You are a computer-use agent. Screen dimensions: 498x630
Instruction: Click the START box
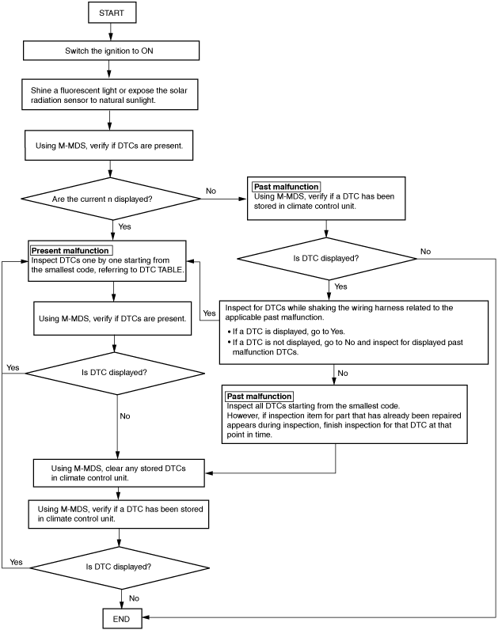click(x=112, y=13)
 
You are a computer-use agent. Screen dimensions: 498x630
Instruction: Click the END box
click(x=122, y=619)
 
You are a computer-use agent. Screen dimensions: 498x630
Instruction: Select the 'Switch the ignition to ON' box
click(x=111, y=51)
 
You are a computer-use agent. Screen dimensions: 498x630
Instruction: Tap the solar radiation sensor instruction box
click(x=110, y=95)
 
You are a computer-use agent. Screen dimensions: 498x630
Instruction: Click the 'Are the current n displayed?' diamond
click(x=111, y=199)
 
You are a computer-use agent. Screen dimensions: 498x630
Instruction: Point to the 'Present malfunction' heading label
click(x=70, y=251)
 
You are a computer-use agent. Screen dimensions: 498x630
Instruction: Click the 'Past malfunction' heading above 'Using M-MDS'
click(x=286, y=187)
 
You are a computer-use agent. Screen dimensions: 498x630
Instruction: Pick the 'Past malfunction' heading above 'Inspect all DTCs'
click(x=259, y=397)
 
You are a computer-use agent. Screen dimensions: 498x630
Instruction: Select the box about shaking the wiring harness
click(x=354, y=332)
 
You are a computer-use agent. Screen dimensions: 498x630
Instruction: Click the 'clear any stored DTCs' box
click(x=119, y=473)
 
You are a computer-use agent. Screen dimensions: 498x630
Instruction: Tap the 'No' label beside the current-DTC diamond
click(x=211, y=191)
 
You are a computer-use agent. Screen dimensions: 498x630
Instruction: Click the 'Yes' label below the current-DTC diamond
click(x=124, y=226)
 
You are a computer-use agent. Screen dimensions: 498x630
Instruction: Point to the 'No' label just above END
click(x=135, y=598)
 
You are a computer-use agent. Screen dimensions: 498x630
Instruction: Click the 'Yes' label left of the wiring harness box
click(x=209, y=313)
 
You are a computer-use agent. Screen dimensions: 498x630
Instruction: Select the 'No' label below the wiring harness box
click(x=343, y=373)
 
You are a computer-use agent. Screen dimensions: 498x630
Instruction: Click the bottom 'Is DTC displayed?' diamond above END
click(x=120, y=567)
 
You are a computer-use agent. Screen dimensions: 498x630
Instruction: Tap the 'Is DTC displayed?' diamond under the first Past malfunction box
click(x=327, y=259)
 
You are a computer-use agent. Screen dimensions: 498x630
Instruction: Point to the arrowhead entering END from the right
click(x=146, y=617)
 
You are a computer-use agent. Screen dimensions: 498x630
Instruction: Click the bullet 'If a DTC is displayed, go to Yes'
click(x=286, y=332)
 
